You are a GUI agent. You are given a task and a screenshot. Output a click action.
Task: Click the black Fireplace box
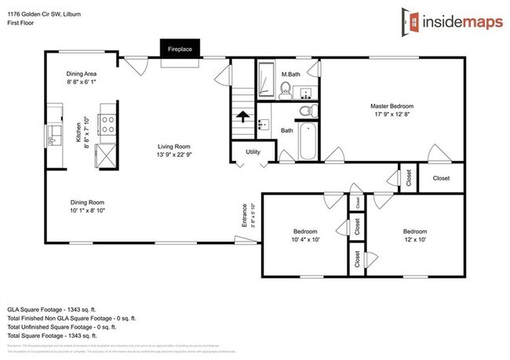click(x=180, y=49)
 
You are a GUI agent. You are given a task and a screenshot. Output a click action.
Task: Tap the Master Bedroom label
click(x=392, y=106)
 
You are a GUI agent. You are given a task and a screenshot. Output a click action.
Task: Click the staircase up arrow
click(x=242, y=118)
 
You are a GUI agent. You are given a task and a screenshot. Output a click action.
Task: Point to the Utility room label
click(x=253, y=152)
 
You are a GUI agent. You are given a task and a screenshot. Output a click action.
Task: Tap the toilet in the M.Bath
click(x=286, y=89)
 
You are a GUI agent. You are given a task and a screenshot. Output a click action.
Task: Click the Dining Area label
click(x=81, y=72)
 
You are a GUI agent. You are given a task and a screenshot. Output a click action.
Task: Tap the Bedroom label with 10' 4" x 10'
click(x=305, y=231)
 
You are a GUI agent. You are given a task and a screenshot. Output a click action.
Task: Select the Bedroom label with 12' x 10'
click(x=414, y=231)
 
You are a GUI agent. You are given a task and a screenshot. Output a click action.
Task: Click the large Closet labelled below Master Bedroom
click(x=442, y=178)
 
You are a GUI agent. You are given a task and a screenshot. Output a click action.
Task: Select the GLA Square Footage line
click(x=52, y=299)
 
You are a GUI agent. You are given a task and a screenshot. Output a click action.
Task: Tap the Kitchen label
click(x=78, y=135)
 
